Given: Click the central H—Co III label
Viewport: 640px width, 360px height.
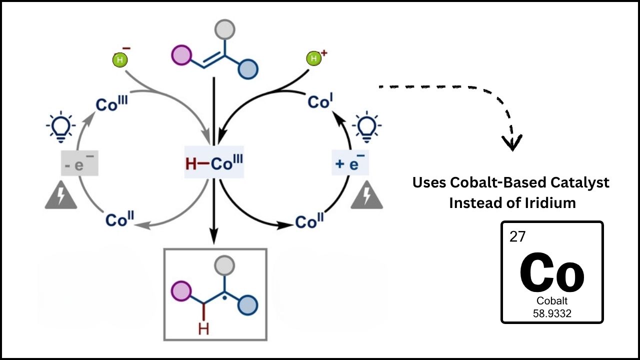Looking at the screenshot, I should (x=214, y=163).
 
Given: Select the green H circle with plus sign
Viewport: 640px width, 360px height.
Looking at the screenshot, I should (x=313, y=59).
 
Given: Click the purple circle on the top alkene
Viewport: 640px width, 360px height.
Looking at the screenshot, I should (x=181, y=55).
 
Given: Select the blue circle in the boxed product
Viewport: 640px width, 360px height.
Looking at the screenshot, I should (x=247, y=304).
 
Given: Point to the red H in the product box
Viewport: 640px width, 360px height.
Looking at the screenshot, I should (x=203, y=328).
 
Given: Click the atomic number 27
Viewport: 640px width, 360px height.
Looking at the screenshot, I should (x=517, y=236).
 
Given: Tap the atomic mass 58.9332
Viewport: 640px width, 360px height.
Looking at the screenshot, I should (x=552, y=313).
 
